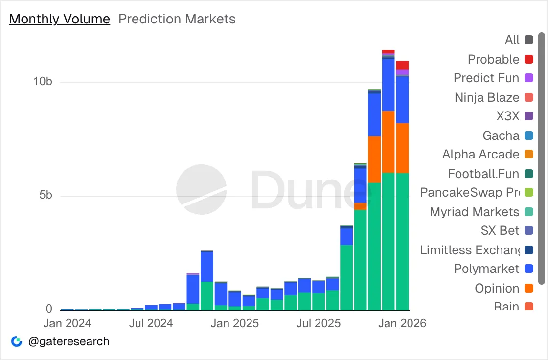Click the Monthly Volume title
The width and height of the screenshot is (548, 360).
[60, 19]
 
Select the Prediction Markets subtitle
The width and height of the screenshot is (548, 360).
[177, 19]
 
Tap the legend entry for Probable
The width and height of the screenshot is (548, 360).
[493, 59]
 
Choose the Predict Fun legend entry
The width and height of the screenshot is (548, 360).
[486, 78]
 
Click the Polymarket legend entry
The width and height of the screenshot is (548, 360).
[486, 269]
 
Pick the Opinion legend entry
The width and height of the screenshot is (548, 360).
[497, 288]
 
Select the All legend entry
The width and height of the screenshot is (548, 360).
[512, 40]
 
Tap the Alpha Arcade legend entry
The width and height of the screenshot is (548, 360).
[480, 155]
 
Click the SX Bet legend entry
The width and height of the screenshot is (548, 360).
[500, 230]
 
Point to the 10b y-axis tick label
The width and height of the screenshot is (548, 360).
[43, 82]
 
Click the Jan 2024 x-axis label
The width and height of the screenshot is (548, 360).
[67, 323]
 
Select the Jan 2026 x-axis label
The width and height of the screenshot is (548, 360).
[403, 323]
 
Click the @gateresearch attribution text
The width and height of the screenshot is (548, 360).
[68, 341]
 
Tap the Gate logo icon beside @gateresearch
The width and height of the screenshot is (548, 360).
[17, 341]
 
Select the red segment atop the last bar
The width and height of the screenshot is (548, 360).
[403, 65]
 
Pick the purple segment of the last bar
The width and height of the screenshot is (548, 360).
[403, 73]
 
